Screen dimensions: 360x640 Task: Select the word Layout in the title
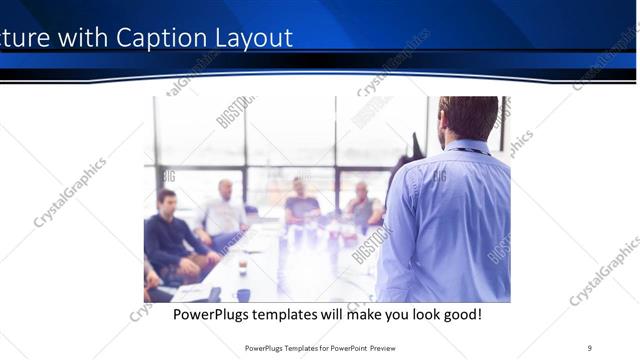[250, 39]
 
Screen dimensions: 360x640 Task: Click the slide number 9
[589, 348]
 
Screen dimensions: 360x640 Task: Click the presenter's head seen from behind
[467, 117]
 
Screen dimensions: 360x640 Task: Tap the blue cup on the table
[243, 295]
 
